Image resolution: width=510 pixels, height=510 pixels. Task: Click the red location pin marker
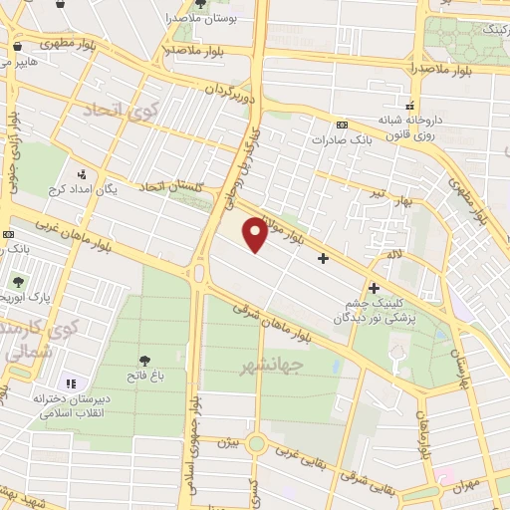coord(255,235)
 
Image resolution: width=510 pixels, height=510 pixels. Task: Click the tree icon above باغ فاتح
coord(145,359)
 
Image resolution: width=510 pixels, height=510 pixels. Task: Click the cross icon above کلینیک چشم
coord(374,288)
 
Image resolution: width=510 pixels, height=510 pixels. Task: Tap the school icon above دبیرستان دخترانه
coord(70,383)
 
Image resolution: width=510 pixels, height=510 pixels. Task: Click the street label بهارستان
coord(461,368)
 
